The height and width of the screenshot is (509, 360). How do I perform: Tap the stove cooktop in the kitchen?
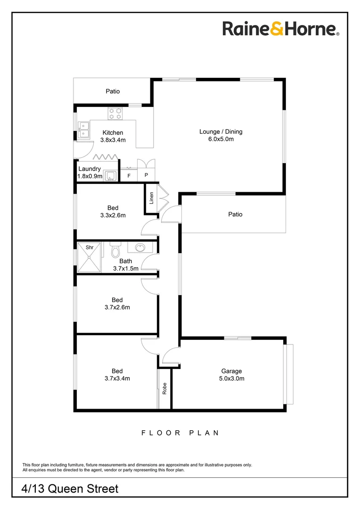[x=115, y=113]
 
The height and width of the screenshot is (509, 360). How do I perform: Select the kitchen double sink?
[x=84, y=130]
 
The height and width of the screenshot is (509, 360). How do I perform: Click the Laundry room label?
[x=90, y=169]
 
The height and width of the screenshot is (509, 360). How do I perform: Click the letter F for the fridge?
[x=129, y=176]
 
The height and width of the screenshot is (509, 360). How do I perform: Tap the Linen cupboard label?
[x=152, y=197]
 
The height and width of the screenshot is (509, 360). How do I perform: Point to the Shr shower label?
[x=89, y=246]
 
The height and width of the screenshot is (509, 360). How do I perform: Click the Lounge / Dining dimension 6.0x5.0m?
[x=221, y=140]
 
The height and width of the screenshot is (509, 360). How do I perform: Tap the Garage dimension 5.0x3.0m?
[x=232, y=378]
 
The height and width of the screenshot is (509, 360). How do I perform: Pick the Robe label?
[x=164, y=388]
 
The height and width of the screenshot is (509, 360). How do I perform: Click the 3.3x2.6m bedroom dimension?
[x=113, y=215]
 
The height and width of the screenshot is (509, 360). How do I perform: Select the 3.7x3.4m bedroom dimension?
[x=117, y=378]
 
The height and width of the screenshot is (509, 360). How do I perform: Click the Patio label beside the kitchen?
[x=112, y=91]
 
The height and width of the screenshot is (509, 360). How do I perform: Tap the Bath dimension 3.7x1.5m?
[x=126, y=269]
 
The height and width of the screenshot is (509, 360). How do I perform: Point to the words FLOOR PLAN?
[x=180, y=433]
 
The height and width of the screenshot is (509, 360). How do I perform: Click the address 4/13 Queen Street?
[x=70, y=489]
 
